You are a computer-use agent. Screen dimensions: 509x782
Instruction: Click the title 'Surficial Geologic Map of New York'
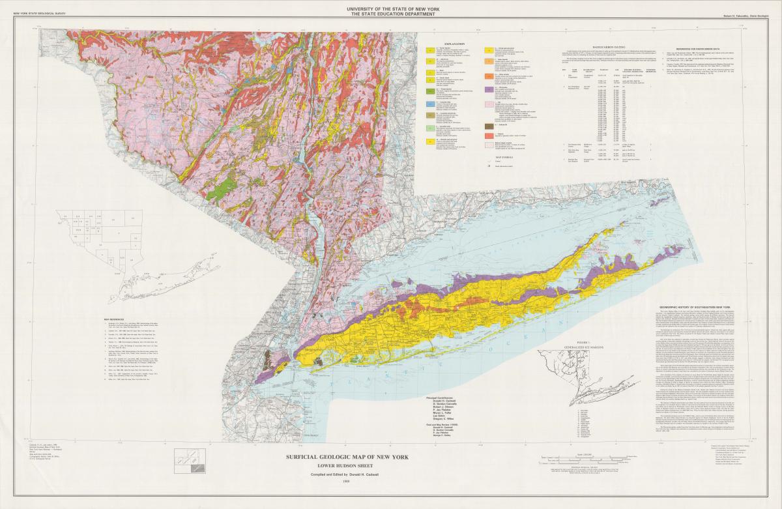click(347, 457)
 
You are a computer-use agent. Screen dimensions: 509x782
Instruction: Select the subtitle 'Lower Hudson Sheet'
click(347, 466)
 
